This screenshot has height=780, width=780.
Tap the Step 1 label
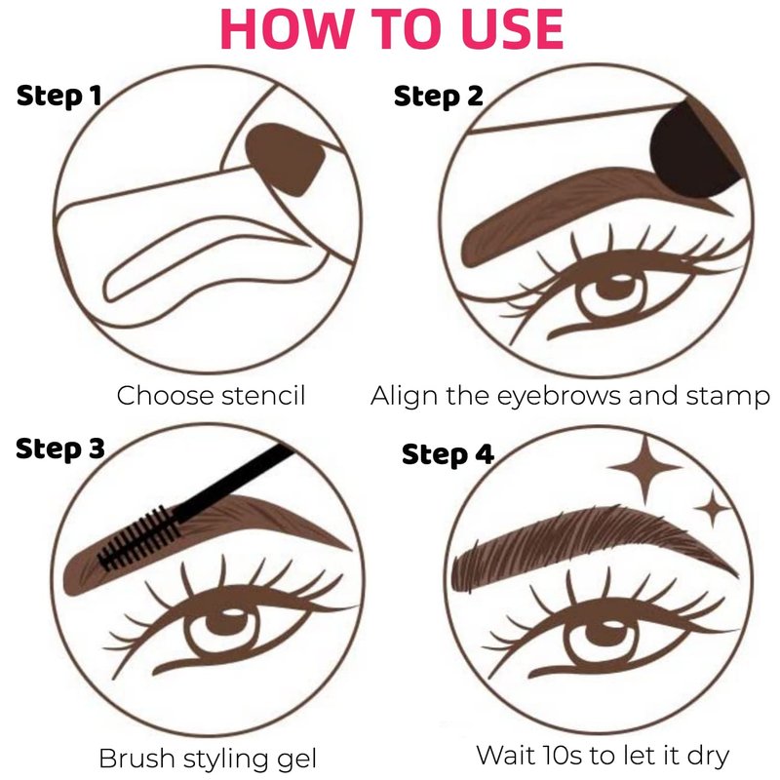pos(58,96)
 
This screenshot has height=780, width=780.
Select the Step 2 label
pos(438,96)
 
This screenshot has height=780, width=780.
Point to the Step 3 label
pos(60,448)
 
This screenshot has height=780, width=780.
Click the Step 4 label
pos(448,454)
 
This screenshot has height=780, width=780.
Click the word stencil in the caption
pos(263,396)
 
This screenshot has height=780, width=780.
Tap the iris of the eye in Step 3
pos(225,629)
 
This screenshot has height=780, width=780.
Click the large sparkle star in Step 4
pos(644,468)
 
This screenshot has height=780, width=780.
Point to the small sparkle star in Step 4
pos(714,507)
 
